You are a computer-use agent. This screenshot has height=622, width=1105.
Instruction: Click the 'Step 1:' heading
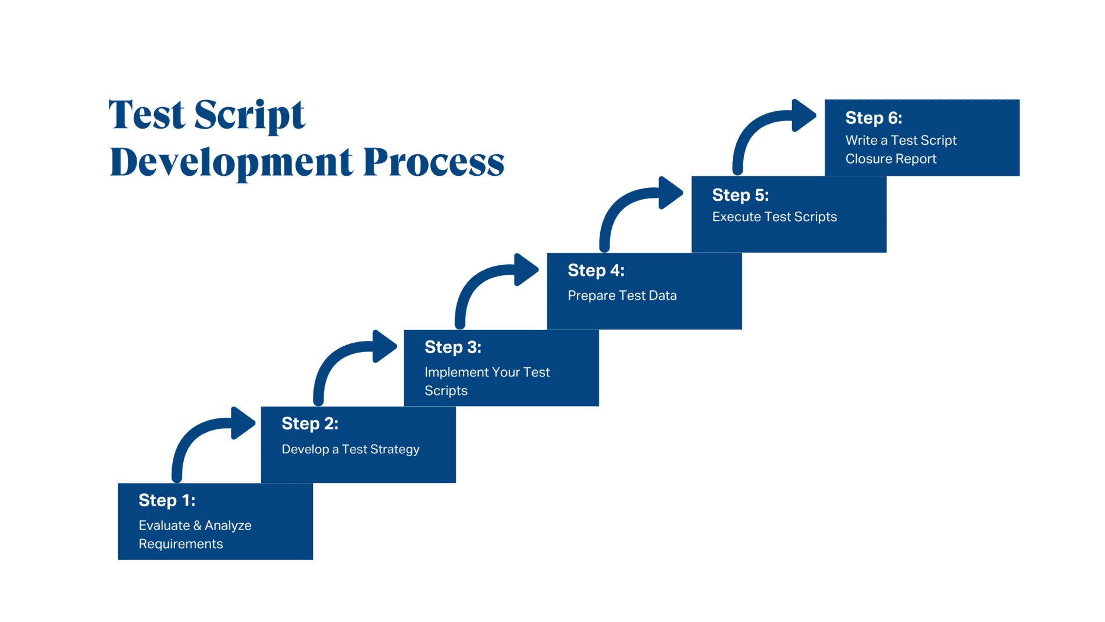[167, 500]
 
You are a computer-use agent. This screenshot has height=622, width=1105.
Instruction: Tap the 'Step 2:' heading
[309, 424]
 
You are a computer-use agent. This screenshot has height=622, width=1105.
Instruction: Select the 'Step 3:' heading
[452, 347]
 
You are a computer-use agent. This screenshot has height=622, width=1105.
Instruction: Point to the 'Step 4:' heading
[596, 271]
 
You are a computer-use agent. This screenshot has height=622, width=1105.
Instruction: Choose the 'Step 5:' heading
[740, 195]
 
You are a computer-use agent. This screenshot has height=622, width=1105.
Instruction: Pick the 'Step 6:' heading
[873, 118]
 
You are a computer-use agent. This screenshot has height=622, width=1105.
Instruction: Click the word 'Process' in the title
[433, 162]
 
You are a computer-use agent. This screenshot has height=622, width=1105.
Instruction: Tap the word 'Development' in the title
[231, 162]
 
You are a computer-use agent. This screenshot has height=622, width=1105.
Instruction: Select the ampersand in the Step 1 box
[197, 525]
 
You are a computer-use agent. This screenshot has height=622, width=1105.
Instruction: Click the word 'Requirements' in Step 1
[180, 544]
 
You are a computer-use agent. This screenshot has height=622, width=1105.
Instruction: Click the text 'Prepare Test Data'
[622, 296]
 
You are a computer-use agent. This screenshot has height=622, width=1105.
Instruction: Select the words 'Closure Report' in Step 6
[890, 159]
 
